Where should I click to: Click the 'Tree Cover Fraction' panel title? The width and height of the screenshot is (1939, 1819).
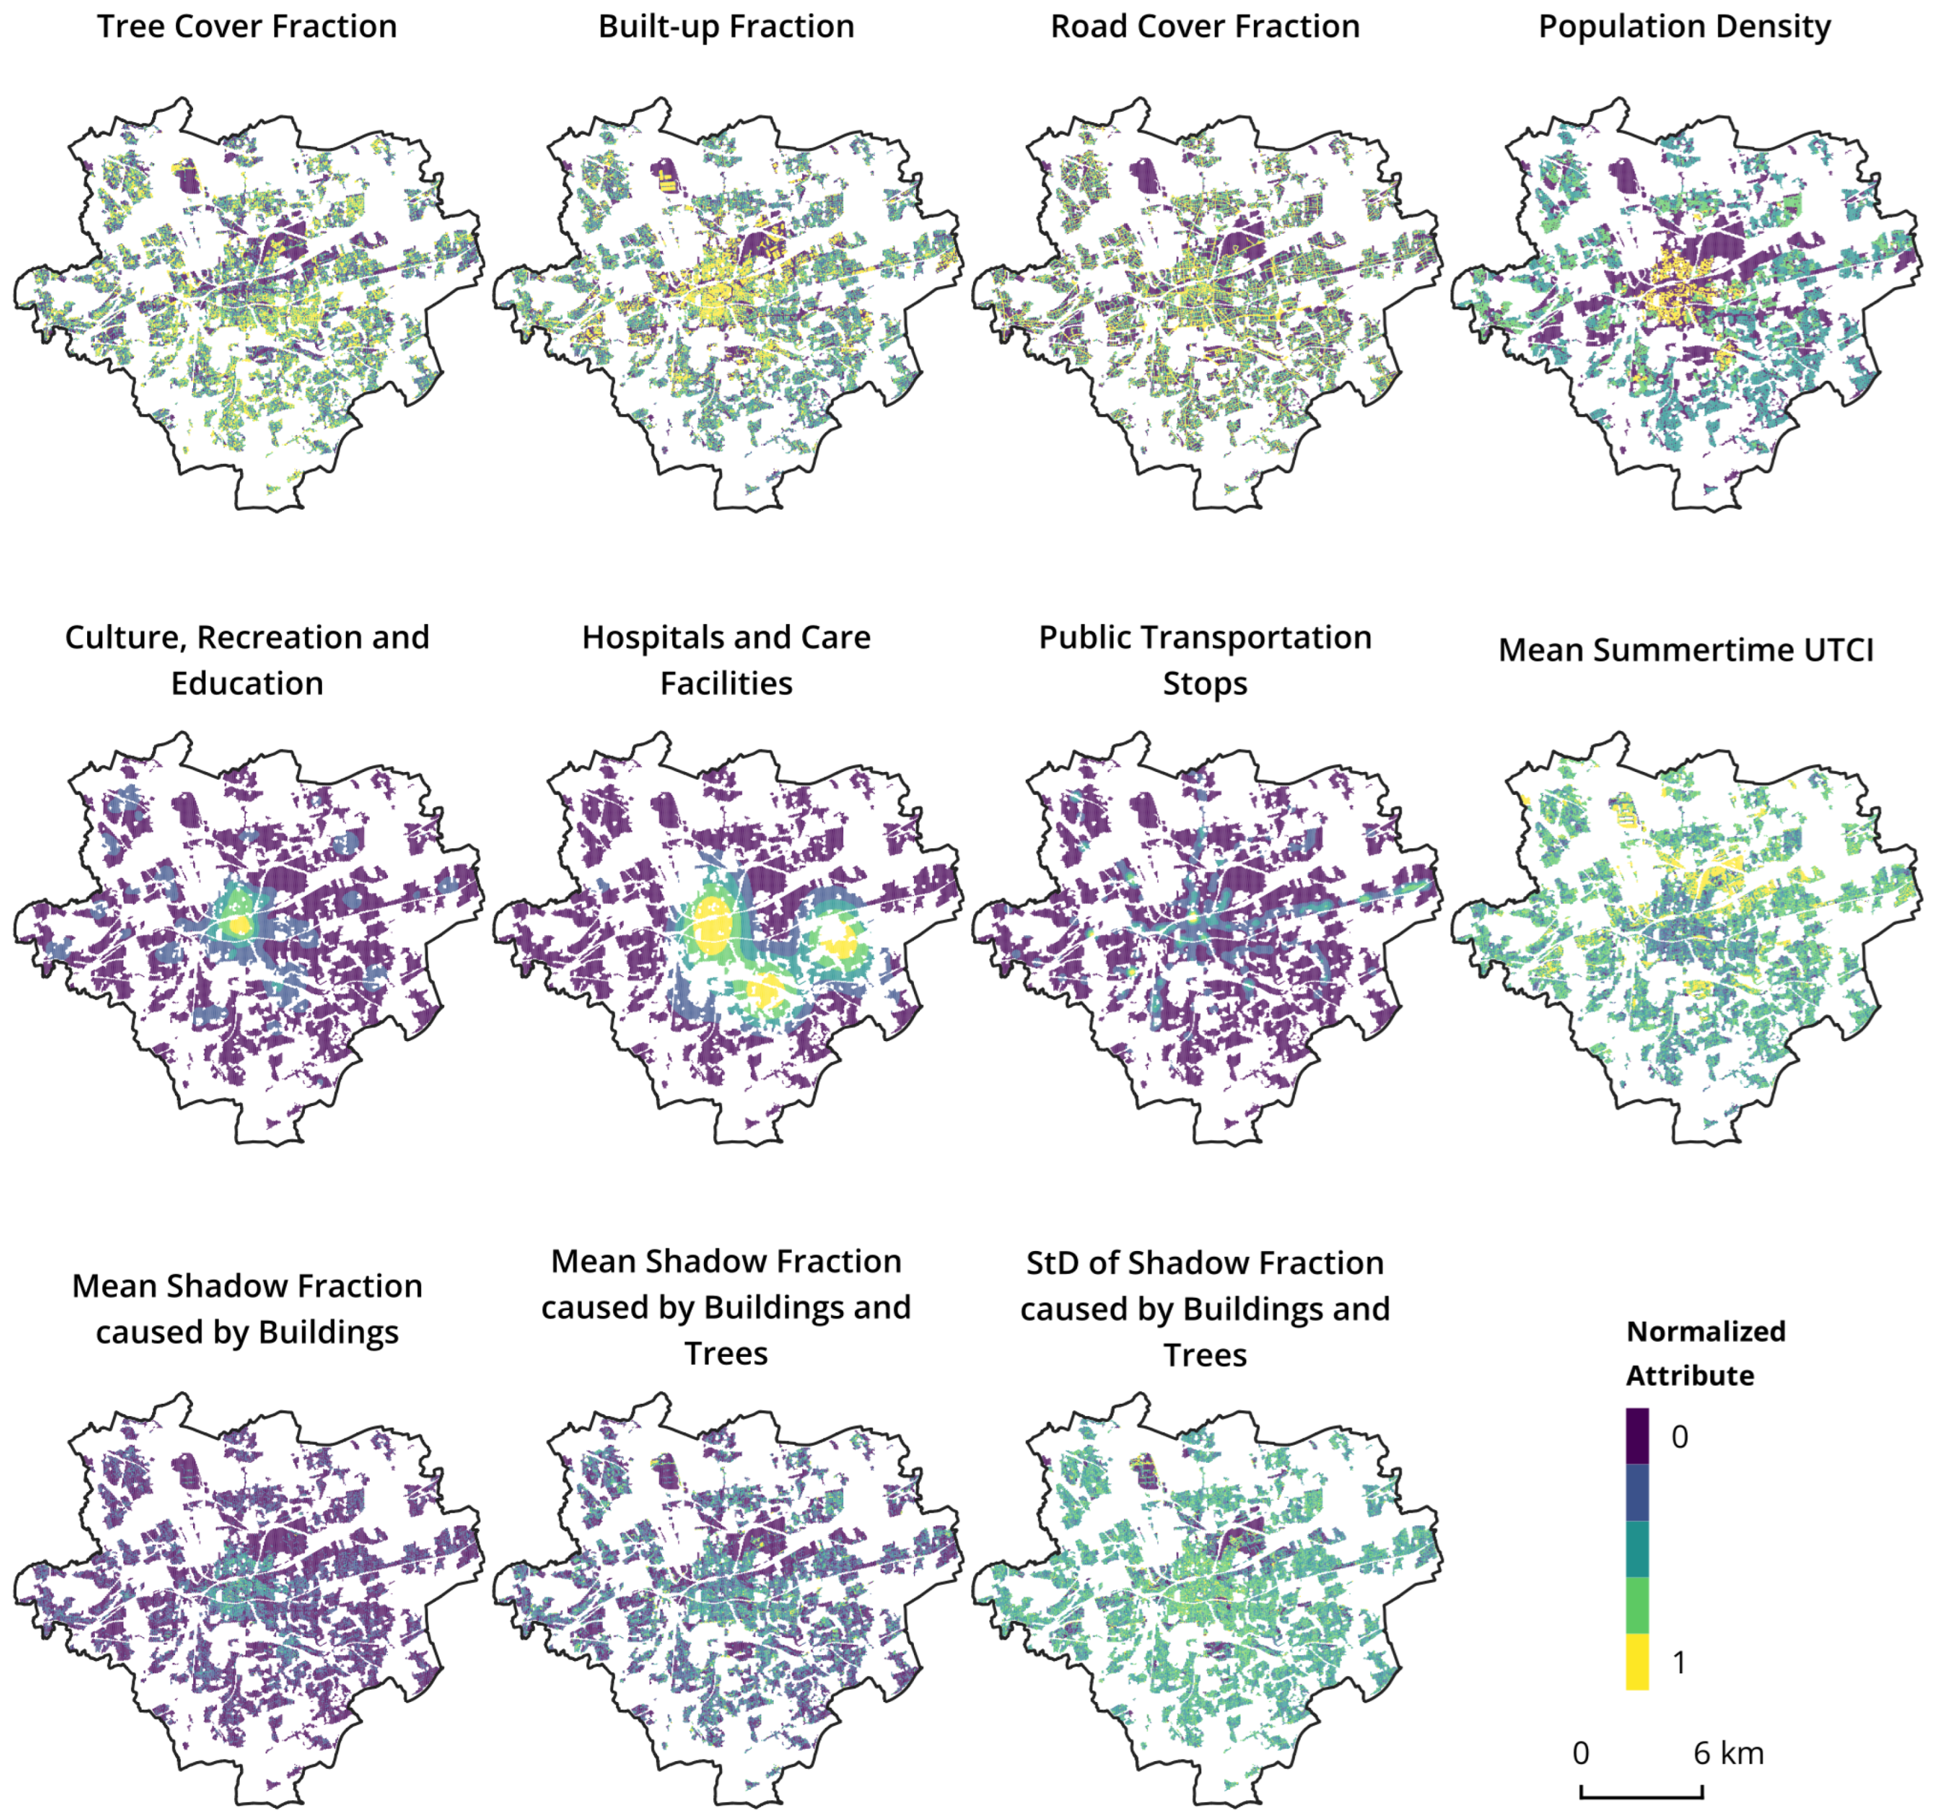tap(247, 27)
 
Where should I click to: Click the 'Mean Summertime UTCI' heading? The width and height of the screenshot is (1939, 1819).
tap(1685, 650)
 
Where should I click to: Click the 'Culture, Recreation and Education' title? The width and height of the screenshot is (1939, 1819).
tap(247, 660)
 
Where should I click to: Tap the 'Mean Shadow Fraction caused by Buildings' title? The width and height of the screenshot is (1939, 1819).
tap(247, 1309)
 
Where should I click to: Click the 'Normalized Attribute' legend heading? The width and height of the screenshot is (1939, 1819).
tap(1706, 1353)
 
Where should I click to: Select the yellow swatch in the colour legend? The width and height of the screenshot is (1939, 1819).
tap(1637, 1661)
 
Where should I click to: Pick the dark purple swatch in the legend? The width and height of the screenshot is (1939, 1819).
tap(1637, 1436)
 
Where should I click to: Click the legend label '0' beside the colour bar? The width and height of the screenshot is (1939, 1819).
tap(1680, 1437)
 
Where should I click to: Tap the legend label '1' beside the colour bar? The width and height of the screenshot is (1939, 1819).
tap(1680, 1662)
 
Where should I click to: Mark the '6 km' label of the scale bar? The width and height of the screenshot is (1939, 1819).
tap(1728, 1753)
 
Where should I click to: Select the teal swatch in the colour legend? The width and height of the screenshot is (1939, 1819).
tap(1637, 1549)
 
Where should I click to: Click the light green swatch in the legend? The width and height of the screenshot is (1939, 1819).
tap(1637, 1605)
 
